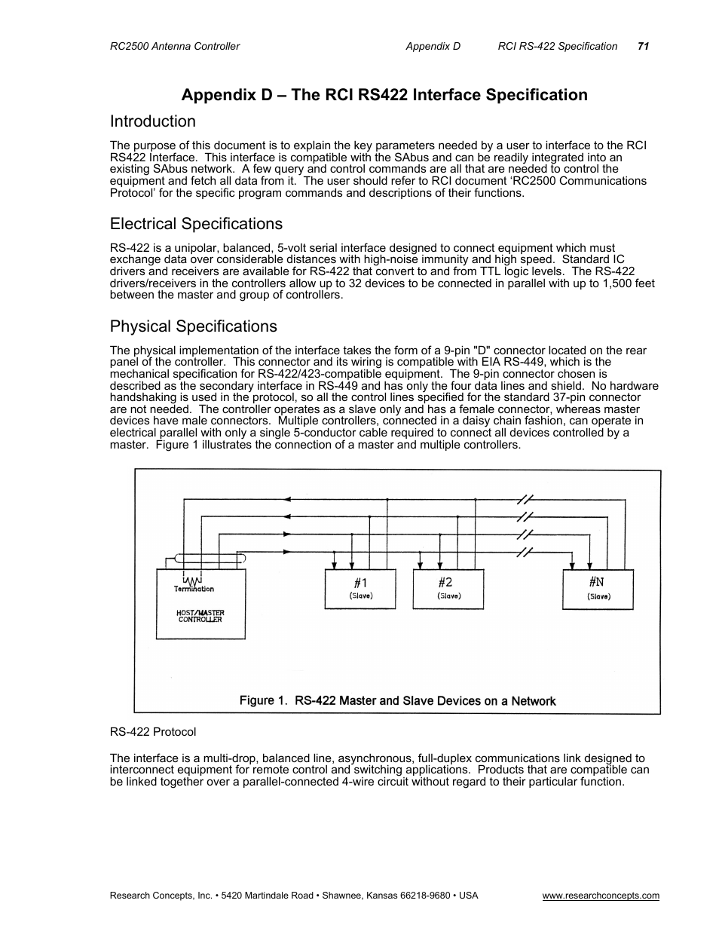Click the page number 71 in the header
tap(643, 46)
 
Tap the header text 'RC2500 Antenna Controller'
tap(175, 46)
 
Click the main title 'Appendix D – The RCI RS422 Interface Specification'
tap(384, 95)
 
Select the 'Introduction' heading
tap(152, 121)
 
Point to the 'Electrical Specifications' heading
tap(196, 224)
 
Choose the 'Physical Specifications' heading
tap(193, 326)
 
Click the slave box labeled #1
tap(360, 589)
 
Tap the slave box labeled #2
tap(448, 589)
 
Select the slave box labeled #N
tap(598, 589)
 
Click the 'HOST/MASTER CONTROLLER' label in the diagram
tap(200, 616)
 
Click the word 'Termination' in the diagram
tap(194, 590)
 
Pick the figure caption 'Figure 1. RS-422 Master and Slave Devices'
tap(397, 701)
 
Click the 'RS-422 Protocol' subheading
tap(153, 731)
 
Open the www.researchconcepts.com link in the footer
tap(601, 896)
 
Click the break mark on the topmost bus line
tap(525, 499)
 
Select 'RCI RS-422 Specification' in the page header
tap(558, 46)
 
